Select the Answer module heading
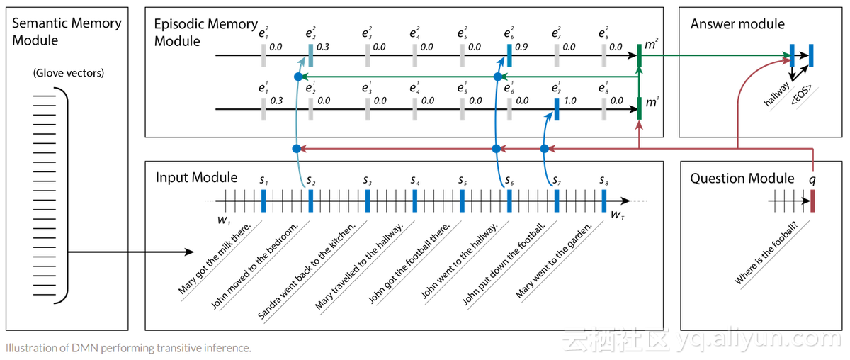(x=737, y=24)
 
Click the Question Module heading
(x=742, y=179)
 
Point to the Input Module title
(x=196, y=177)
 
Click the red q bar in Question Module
(x=813, y=201)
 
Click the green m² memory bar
(x=640, y=55)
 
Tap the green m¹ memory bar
(x=640, y=108)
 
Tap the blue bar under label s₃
(x=368, y=201)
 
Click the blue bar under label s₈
(x=603, y=201)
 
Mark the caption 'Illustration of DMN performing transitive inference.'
(x=127, y=348)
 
